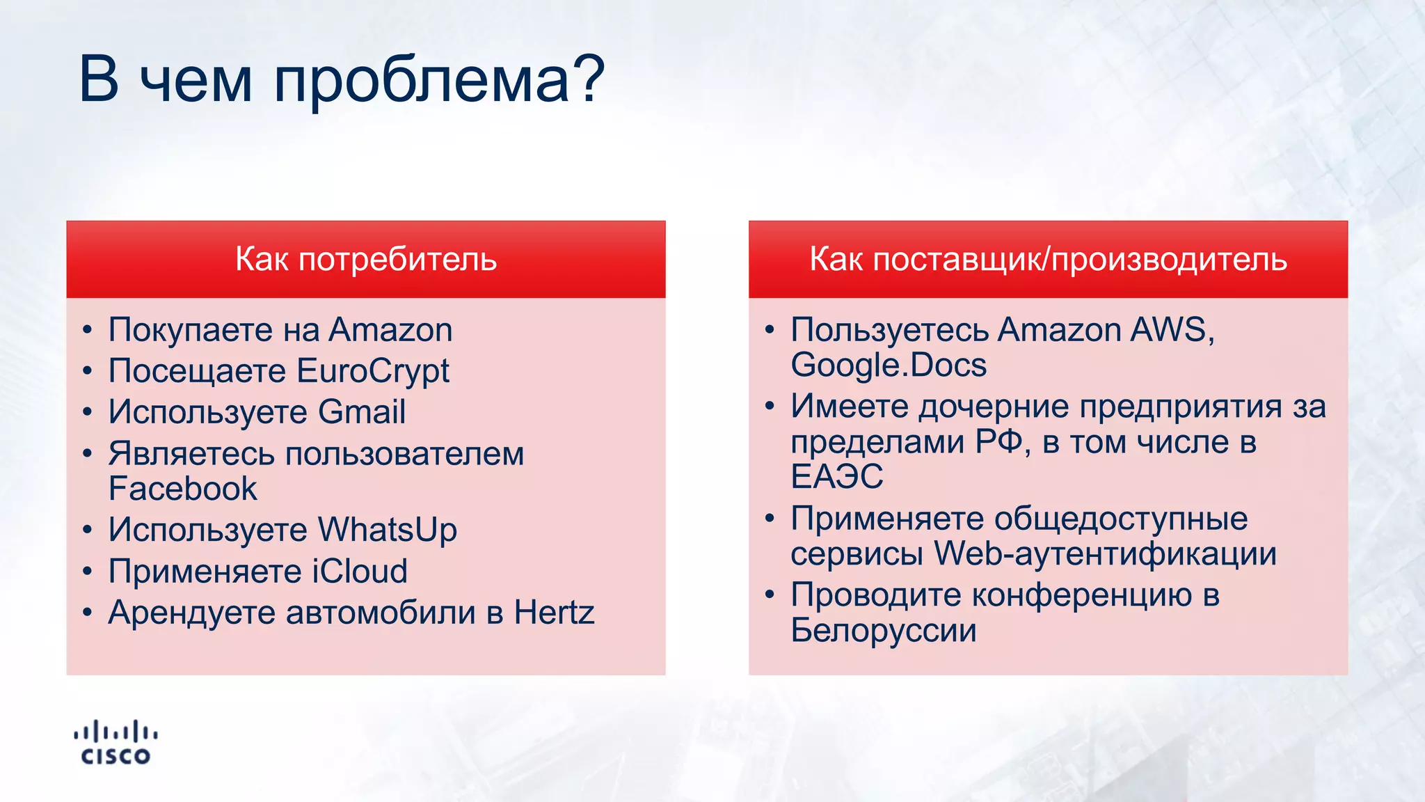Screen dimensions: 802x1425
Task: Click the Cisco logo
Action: click(x=116, y=743)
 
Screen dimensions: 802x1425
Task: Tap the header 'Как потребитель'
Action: click(x=366, y=259)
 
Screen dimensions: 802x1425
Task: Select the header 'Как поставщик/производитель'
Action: click(x=1048, y=259)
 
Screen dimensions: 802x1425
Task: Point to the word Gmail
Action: click(x=362, y=412)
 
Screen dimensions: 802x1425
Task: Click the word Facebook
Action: click(x=183, y=489)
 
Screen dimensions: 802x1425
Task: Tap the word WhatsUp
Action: click(x=388, y=530)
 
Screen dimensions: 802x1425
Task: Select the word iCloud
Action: click(x=360, y=572)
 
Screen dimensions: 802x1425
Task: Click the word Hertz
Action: click(x=554, y=613)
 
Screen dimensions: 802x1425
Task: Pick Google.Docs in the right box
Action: click(x=889, y=365)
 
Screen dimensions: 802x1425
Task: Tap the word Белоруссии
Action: click(x=884, y=631)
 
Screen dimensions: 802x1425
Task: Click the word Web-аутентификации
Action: click(x=1105, y=554)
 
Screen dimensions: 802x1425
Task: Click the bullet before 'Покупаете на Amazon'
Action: click(x=87, y=331)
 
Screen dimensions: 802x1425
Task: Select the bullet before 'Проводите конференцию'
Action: click(x=769, y=596)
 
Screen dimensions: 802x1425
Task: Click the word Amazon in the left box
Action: click(x=390, y=330)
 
